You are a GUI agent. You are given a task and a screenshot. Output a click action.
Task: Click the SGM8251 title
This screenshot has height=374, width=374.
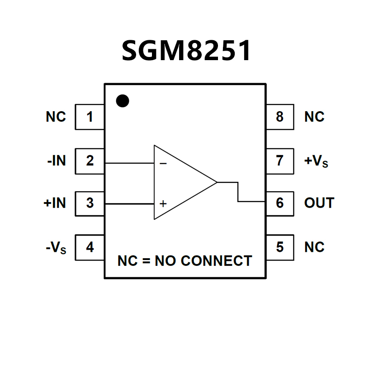(186, 50)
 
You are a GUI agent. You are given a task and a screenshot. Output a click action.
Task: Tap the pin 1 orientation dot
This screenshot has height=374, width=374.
(122, 100)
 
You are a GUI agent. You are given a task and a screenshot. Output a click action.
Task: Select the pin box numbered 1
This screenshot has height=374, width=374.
(90, 117)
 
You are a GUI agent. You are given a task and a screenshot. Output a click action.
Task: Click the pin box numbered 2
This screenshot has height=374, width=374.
(90, 160)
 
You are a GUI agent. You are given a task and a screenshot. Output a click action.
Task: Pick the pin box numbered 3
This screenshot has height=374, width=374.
(90, 204)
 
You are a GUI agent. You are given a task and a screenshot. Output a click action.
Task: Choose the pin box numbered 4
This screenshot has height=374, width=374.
(90, 247)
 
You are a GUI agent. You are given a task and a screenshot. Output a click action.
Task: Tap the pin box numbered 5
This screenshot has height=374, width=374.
(279, 247)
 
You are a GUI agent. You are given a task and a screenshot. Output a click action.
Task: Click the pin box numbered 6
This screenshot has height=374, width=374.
(279, 204)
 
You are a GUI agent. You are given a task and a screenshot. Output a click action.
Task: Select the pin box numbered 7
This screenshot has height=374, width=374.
(279, 160)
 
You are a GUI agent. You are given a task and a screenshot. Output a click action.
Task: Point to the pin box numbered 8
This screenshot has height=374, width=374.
(279, 117)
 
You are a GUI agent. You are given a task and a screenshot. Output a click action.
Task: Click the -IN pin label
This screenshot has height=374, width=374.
(57, 160)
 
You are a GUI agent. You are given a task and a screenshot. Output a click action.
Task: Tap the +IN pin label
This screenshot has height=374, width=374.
(55, 204)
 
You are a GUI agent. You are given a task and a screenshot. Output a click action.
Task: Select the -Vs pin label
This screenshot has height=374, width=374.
(56, 248)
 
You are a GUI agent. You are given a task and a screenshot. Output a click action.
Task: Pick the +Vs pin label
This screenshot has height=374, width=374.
(316, 161)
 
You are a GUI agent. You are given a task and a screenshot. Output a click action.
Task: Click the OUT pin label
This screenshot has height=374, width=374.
(319, 204)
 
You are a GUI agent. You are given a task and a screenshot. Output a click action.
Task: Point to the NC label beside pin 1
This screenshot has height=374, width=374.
(56, 117)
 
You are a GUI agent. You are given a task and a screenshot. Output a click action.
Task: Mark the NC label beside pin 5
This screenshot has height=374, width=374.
(314, 247)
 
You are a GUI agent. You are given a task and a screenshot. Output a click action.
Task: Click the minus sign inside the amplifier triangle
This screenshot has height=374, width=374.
(163, 163)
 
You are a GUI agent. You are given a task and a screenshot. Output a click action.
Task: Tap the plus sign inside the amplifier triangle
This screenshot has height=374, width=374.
(163, 204)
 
